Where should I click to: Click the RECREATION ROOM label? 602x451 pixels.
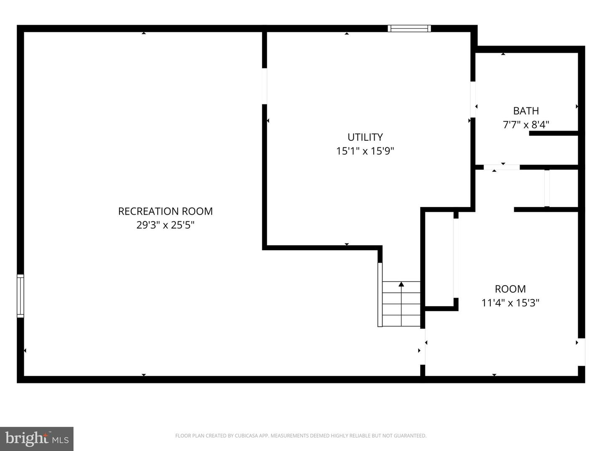coord(165,211)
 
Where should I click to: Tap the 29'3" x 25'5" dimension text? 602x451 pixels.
coord(165,225)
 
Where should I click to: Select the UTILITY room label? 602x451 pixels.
coord(365,137)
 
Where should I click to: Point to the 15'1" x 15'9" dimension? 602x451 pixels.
coord(365,151)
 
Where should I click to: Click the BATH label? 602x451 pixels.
coord(525,111)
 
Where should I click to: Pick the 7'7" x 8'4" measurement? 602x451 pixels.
coord(525,124)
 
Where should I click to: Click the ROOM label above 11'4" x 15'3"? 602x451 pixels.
coord(510,289)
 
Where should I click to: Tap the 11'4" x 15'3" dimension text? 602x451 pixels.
coord(510,302)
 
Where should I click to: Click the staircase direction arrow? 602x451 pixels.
coord(401,285)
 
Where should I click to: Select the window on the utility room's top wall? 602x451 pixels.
coord(409,28)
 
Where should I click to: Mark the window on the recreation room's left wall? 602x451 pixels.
coord(20,296)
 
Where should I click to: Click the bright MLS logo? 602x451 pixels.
coord(37,438)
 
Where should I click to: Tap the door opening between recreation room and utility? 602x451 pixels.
coord(264,86)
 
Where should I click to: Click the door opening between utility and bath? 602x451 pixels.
coord(473,99)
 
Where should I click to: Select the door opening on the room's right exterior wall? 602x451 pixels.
coord(582,352)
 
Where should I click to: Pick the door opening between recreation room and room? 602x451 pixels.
coord(423,347)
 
